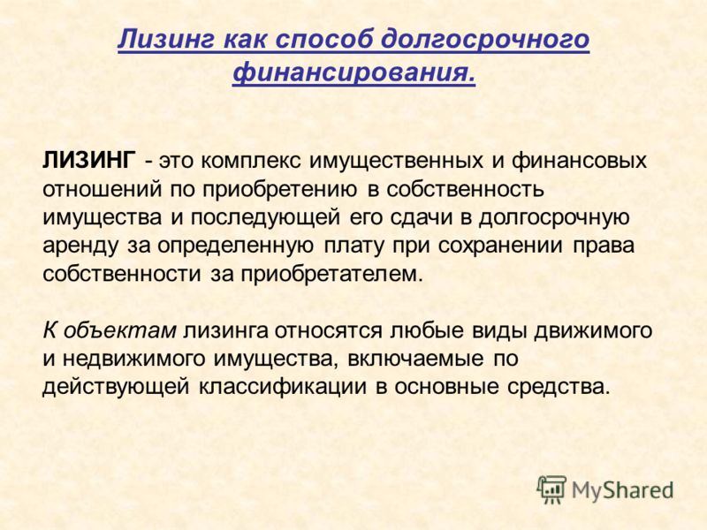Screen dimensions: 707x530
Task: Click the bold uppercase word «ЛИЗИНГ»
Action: pyautogui.click(x=88, y=160)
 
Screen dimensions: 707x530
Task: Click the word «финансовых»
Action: pyautogui.click(x=580, y=161)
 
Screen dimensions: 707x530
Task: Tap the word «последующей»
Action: pyautogui.click(x=265, y=218)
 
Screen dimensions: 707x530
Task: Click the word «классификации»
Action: pyautogui.click(x=283, y=388)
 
